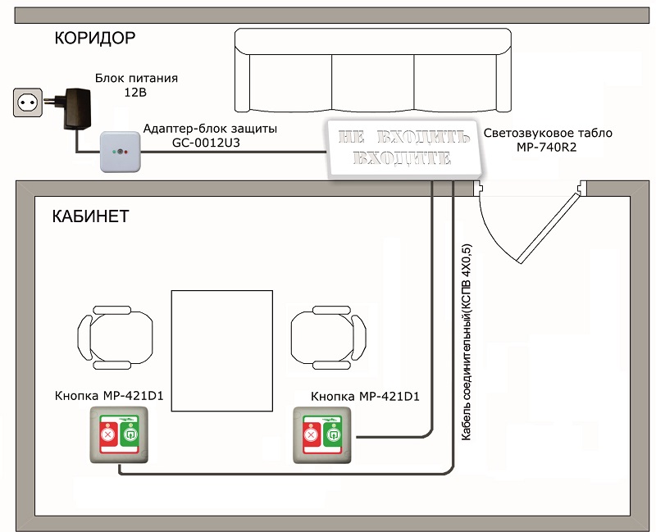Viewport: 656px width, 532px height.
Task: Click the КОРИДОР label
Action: pyautogui.click(x=95, y=38)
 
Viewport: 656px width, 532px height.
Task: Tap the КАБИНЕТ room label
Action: pyautogui.click(x=90, y=216)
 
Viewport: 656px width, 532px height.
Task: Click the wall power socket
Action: pyautogui.click(x=28, y=102)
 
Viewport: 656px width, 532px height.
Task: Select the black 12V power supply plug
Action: pyautogui.click(x=74, y=108)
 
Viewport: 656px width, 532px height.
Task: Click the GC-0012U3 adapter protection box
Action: pyautogui.click(x=120, y=152)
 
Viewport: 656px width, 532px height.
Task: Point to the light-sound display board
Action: pyautogui.click(x=403, y=148)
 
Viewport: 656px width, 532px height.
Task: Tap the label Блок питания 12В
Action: pyautogui.click(x=136, y=85)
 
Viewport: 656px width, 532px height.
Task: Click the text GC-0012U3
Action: pyautogui.click(x=207, y=143)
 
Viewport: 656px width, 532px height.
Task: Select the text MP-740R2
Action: pyautogui.click(x=546, y=148)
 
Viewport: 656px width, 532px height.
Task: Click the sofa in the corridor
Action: pyautogui.click(x=373, y=70)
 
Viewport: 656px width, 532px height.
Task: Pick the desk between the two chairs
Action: pyautogui.click(x=222, y=351)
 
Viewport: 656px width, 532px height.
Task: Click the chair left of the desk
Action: pyautogui.click(x=115, y=338)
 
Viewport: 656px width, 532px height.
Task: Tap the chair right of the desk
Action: pyautogui.click(x=329, y=338)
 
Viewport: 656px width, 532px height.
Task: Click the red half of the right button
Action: pyautogui.click(x=312, y=435)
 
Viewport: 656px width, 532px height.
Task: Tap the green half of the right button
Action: pyautogui.click(x=333, y=435)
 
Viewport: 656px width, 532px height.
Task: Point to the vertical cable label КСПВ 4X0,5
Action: pyautogui.click(x=466, y=342)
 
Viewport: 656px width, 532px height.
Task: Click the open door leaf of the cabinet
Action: pyautogui.click(x=549, y=226)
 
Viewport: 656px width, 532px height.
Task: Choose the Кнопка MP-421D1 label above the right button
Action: pyautogui.click(x=365, y=396)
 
